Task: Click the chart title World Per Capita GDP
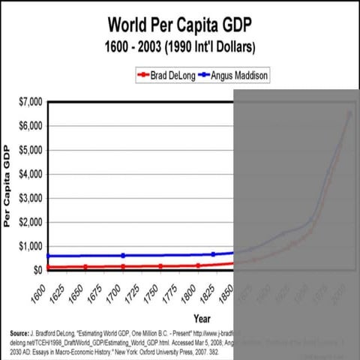[179, 25]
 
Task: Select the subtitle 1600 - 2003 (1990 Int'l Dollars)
[179, 46]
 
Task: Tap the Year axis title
[202, 319]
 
